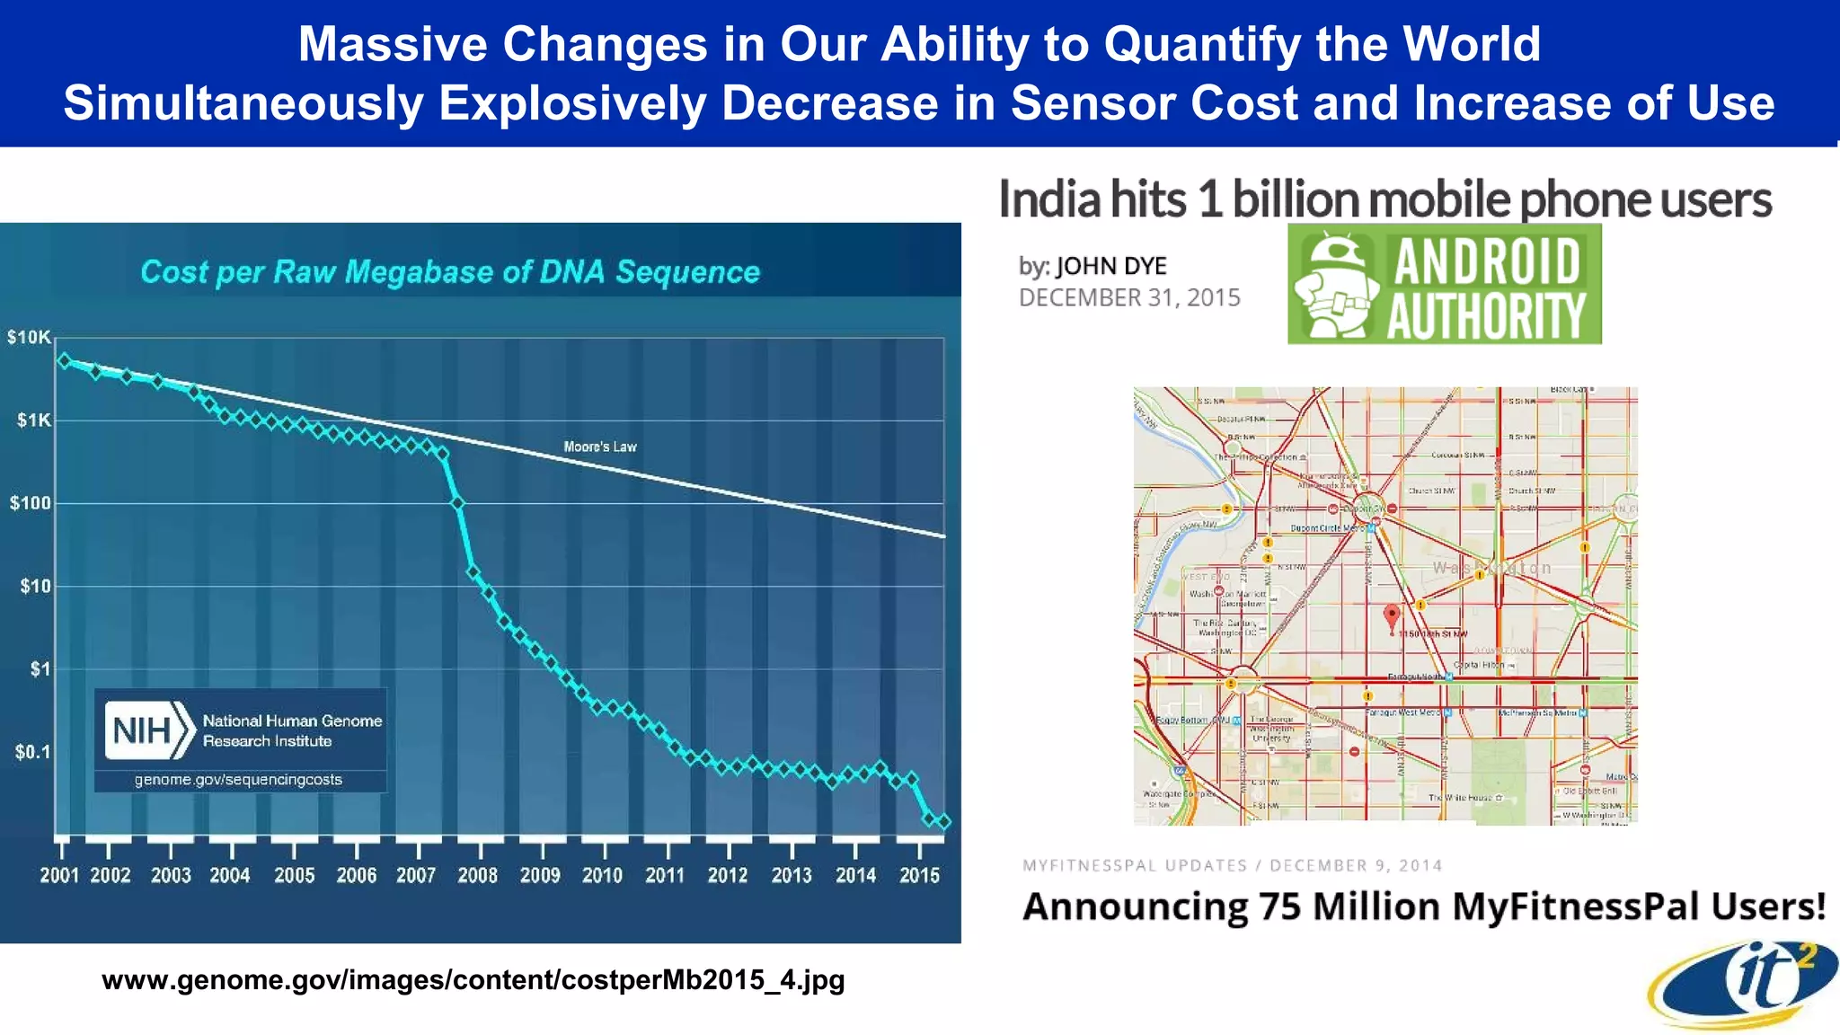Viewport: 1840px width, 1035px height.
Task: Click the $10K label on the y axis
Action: point(29,338)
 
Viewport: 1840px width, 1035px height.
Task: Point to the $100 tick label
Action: point(31,503)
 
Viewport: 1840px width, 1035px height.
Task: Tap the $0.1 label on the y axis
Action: point(32,752)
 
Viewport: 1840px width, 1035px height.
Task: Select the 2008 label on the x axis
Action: point(477,875)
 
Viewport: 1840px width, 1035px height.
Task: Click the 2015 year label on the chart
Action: point(919,875)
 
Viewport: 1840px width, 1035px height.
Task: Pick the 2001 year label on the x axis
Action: point(59,875)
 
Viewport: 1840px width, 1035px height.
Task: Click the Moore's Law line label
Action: point(599,447)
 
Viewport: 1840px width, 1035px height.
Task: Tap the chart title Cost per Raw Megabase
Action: point(450,271)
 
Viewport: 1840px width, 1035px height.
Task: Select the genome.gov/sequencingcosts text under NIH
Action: point(238,780)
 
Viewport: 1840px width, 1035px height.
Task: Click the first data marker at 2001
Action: point(65,360)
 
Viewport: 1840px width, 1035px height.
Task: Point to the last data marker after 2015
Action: point(943,821)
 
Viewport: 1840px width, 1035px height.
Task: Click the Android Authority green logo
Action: point(1444,285)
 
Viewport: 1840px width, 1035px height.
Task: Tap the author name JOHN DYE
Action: point(1110,266)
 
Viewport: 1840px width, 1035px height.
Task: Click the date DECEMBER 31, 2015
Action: point(1129,298)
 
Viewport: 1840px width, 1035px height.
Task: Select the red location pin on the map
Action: point(1392,616)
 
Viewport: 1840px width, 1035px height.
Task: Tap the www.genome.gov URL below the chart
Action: point(473,979)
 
